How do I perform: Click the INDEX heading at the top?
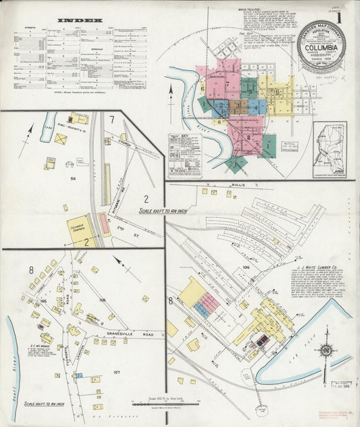pos(80,21)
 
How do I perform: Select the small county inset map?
pos(329,148)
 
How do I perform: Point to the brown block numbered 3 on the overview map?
pos(236,106)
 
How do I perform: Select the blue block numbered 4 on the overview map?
pos(220,106)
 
